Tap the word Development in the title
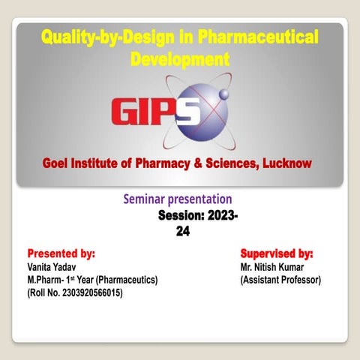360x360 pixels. (x=180, y=58)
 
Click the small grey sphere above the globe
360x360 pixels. (x=223, y=94)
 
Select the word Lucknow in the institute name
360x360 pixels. (x=283, y=163)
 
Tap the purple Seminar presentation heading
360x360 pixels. (x=177, y=199)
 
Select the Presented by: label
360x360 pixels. (x=61, y=254)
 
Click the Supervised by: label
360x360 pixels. (x=277, y=254)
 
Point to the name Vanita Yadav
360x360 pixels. (x=51, y=268)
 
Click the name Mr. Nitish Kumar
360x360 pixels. (x=271, y=268)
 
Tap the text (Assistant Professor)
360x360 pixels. (x=280, y=280)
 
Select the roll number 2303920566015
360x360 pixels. (x=91, y=292)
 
